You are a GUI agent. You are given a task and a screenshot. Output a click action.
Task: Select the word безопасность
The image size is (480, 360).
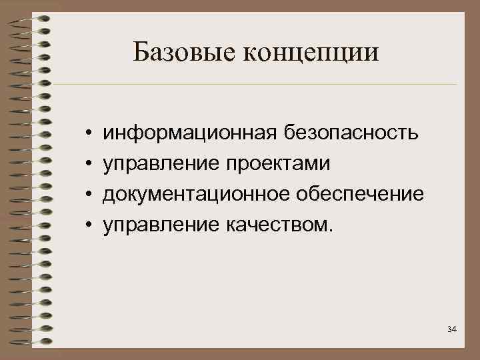(350, 133)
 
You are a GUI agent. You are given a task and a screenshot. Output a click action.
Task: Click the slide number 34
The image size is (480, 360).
(452, 329)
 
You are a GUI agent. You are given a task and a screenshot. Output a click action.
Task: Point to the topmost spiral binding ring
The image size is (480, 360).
(30, 18)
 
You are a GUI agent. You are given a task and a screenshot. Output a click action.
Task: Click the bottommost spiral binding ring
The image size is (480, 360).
(30, 342)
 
